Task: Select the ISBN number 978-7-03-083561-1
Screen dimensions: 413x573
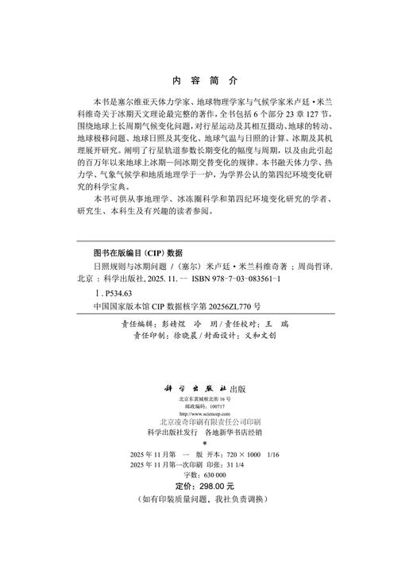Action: click(246, 280)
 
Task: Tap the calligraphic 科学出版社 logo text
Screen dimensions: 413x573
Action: click(196, 387)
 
